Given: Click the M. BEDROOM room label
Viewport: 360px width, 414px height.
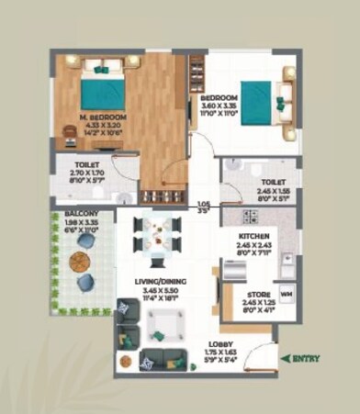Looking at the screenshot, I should (102, 118).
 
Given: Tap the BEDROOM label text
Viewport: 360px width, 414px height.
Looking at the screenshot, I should (219, 97).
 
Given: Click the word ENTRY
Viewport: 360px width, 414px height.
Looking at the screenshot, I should (307, 359).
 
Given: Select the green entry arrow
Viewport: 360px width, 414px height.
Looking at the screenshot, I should (286, 359).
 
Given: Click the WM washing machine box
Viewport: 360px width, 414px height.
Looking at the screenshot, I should (285, 295).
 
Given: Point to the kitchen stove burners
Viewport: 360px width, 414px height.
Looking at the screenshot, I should (247, 217).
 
